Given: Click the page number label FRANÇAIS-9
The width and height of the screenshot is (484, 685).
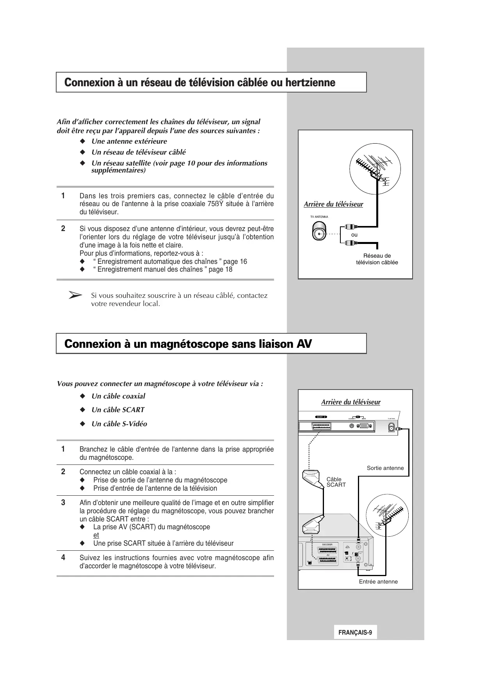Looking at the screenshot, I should (x=355, y=633).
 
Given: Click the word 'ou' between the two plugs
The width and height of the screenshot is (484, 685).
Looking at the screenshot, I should (x=354, y=235).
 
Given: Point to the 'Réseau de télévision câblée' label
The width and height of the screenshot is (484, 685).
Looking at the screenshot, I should (x=377, y=259).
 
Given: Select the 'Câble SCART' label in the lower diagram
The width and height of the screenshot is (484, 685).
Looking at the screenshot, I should (x=336, y=482).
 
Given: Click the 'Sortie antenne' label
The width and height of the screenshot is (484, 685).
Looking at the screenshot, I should (x=385, y=468).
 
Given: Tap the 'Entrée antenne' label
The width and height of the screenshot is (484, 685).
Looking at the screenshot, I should (x=378, y=582).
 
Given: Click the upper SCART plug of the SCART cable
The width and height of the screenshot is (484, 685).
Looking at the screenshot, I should (x=312, y=479).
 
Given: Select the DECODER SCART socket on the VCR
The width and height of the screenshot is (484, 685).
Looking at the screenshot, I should (x=327, y=550).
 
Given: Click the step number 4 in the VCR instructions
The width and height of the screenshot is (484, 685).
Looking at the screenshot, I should (x=63, y=558).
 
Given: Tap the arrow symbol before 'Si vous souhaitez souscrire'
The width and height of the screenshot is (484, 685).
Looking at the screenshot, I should (x=75, y=295).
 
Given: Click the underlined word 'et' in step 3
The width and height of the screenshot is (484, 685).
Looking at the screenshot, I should (x=96, y=535).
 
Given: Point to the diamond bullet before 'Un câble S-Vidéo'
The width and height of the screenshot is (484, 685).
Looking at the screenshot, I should (x=82, y=424).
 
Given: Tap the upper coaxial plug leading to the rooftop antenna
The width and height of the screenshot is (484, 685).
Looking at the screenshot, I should (x=349, y=226).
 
